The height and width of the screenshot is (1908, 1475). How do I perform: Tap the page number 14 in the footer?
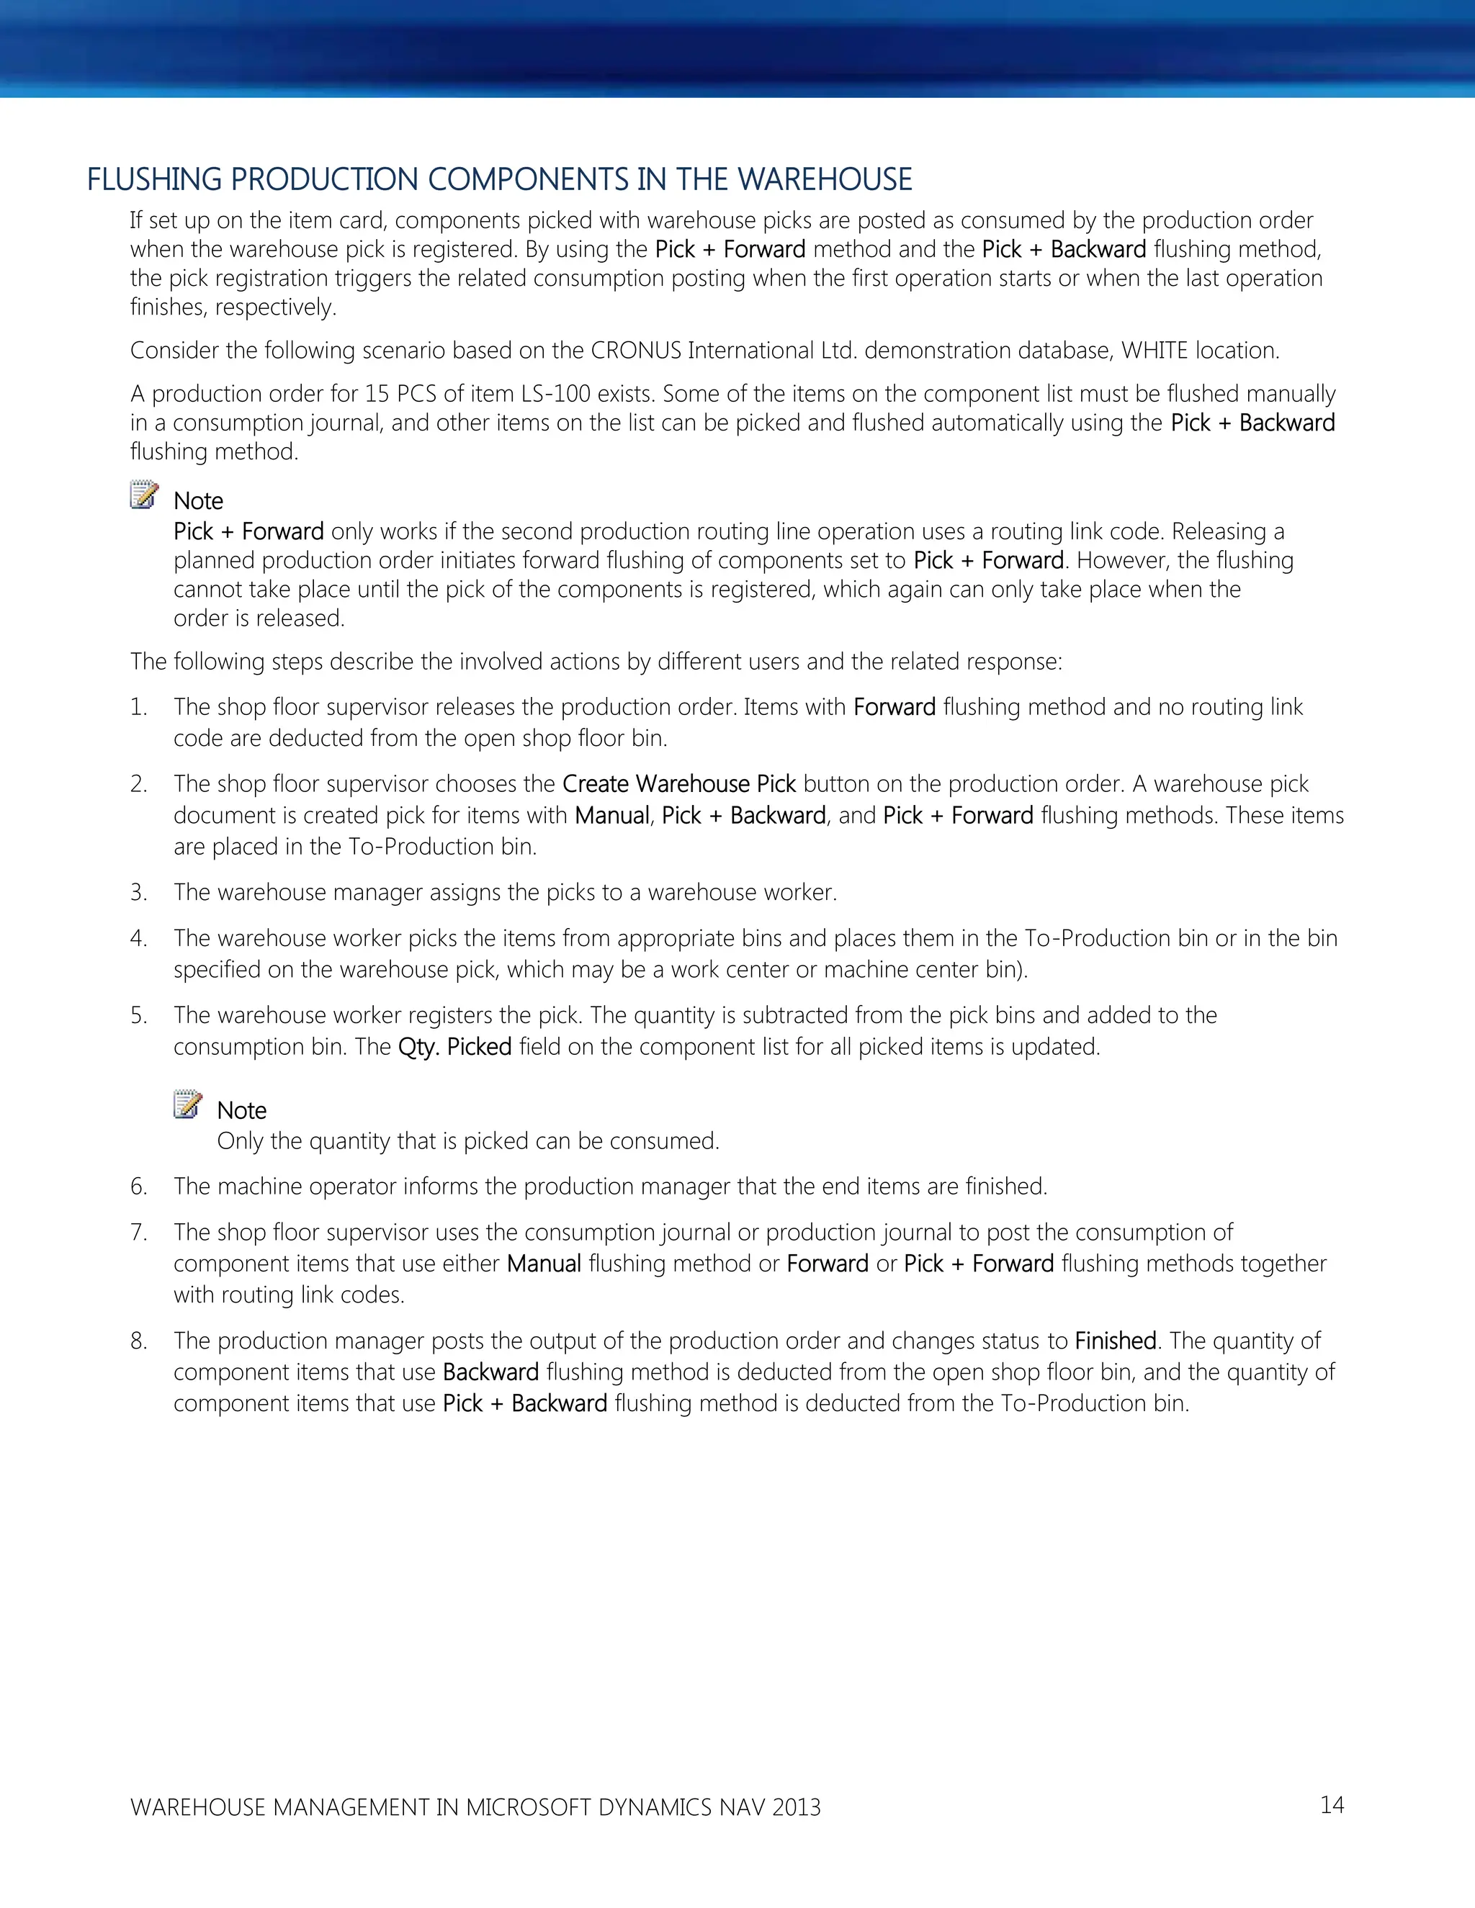(1331, 1805)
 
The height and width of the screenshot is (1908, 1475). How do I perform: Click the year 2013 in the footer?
(796, 1807)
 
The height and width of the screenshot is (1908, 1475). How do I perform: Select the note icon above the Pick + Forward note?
(144, 495)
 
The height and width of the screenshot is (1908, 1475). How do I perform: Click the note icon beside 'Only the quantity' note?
(187, 1104)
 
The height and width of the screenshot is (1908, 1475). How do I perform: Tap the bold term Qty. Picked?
(454, 1047)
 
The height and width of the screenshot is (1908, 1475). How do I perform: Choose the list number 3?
(138, 893)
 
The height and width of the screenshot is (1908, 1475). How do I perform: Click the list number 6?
(138, 1187)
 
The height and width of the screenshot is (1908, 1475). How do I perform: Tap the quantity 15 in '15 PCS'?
(377, 394)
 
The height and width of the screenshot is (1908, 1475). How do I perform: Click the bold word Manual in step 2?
(611, 815)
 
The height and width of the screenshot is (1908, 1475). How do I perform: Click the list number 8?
(138, 1341)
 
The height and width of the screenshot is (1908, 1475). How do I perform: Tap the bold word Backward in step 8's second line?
(490, 1372)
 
